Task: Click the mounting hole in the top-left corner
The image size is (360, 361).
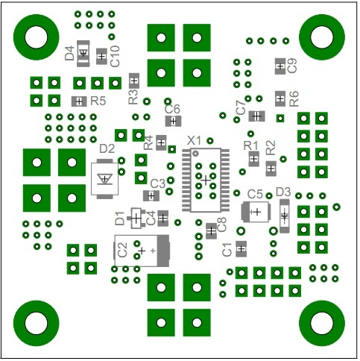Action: [37, 37]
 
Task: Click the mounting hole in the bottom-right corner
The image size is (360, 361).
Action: [322, 323]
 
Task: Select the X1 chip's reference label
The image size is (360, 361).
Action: [194, 141]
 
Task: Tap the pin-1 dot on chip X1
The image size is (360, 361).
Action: [196, 153]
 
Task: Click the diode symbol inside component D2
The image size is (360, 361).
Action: [104, 179]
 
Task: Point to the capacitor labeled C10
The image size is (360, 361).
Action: [101, 57]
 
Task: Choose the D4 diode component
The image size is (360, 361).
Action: [83, 54]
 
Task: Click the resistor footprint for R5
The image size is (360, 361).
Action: [79, 101]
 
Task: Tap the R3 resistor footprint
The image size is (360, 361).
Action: [134, 81]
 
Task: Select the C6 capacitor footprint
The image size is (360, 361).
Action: [173, 122]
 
